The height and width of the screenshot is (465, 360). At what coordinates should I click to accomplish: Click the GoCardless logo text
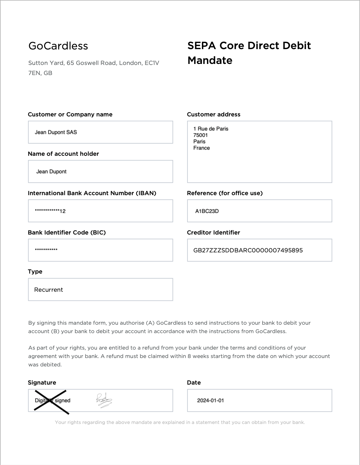point(58,46)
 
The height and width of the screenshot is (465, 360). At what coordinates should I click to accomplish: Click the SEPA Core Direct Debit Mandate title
point(249,53)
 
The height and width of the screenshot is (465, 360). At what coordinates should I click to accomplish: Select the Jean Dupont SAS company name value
point(56,132)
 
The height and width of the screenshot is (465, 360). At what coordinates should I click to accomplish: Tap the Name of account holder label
point(63,154)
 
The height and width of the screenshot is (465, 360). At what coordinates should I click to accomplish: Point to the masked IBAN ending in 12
point(50,211)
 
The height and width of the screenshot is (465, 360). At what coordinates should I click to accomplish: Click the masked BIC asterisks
point(46,250)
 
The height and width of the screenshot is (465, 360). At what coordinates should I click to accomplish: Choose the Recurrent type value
point(48,290)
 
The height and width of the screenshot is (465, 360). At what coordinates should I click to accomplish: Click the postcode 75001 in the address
point(201,135)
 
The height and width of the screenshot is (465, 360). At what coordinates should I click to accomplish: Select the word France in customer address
point(202,148)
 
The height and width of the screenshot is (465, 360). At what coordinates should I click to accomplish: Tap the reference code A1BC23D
point(207,211)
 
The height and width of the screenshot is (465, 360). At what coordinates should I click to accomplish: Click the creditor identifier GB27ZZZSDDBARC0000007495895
point(248,250)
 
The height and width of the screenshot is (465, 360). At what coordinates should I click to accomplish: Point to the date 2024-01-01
point(210,400)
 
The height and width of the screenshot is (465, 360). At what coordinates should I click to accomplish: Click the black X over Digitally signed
point(51,401)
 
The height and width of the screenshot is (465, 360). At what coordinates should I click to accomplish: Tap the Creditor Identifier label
point(213,232)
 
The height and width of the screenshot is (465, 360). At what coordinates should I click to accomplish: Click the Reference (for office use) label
point(225,193)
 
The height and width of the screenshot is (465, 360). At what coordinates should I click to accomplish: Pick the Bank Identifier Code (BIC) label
point(67,232)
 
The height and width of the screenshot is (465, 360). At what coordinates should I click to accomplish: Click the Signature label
point(42,383)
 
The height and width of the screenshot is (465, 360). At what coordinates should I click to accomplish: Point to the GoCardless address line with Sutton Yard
point(94,63)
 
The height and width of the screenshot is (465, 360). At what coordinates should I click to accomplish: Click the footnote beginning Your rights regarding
point(180,422)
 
